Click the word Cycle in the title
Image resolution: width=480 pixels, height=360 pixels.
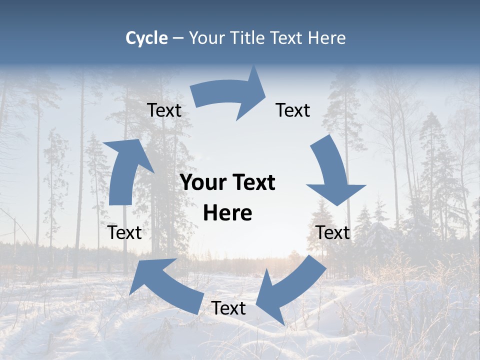pos(146,38)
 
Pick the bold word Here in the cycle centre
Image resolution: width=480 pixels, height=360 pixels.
pos(227,213)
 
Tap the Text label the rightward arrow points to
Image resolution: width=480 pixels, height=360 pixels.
pos(293,110)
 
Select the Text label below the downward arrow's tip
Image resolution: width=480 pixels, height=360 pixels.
pos(333,232)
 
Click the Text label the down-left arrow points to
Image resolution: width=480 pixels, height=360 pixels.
pos(228,308)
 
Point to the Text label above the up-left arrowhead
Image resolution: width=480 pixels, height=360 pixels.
pos(124,232)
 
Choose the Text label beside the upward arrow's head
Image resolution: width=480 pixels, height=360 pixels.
pos(164,110)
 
